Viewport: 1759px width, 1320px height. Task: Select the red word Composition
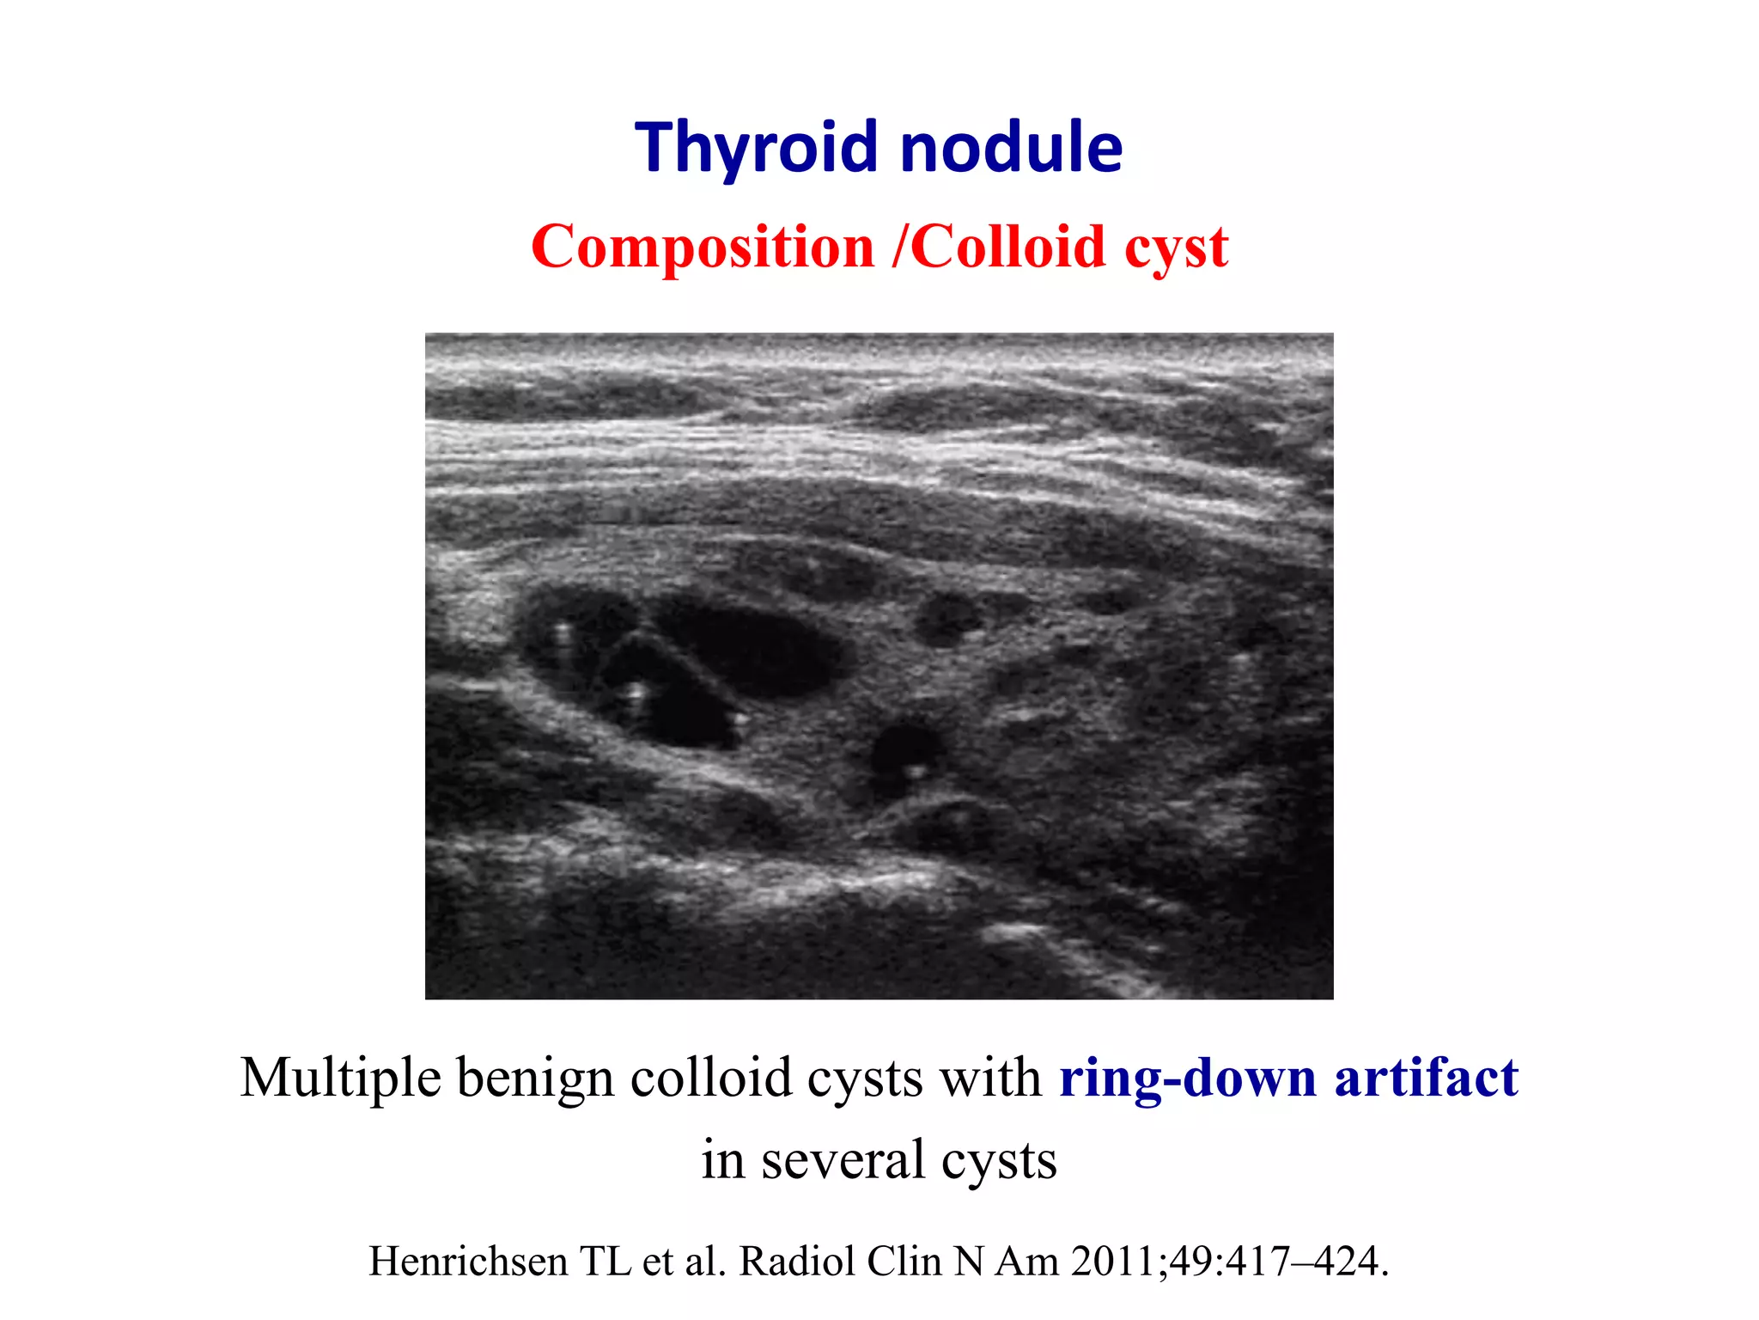(x=703, y=247)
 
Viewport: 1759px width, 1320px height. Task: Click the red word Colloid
(x=1007, y=247)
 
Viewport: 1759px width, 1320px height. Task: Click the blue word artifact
(x=1426, y=1078)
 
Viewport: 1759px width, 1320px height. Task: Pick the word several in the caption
(x=842, y=1160)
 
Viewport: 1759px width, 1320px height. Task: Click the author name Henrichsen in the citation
(x=468, y=1262)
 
